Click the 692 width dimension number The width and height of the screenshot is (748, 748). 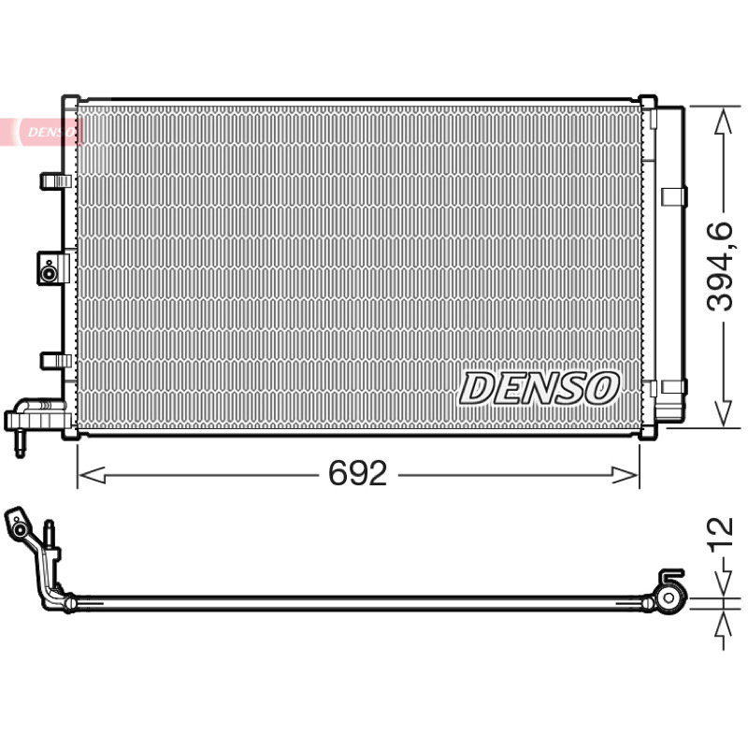[x=358, y=474]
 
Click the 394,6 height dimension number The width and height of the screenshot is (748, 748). [x=720, y=266]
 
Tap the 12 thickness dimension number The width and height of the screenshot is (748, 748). [x=721, y=534]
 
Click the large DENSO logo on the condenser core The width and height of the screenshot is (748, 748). [x=539, y=389]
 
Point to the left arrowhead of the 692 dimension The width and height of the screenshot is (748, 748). [x=92, y=475]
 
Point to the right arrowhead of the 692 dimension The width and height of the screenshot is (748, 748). [x=624, y=475]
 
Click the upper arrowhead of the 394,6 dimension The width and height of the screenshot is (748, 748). [x=724, y=122]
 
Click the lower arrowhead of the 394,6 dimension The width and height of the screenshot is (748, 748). [x=724, y=412]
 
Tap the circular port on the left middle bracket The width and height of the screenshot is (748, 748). [x=48, y=274]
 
